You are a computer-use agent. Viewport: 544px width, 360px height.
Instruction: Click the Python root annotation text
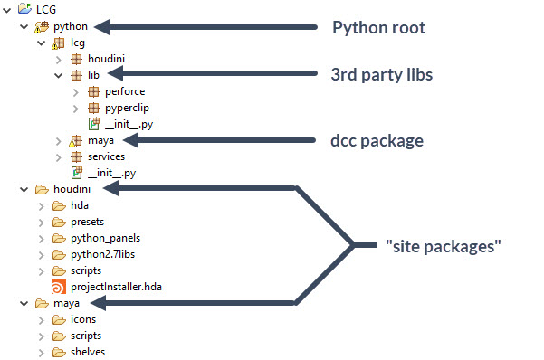click(378, 27)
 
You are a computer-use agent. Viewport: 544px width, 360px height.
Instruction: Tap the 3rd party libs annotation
click(381, 74)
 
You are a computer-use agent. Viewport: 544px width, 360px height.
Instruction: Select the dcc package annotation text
click(376, 140)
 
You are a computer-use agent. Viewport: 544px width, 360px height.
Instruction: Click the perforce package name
click(124, 91)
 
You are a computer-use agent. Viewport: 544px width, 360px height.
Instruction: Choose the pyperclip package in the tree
click(128, 108)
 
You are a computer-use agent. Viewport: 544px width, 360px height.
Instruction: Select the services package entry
click(106, 156)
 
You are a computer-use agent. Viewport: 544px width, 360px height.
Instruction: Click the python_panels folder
click(105, 238)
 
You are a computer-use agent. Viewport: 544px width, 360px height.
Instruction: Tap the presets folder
click(88, 222)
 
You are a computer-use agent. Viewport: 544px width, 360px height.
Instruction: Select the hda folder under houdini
click(80, 205)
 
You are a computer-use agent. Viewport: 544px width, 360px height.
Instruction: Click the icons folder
click(83, 319)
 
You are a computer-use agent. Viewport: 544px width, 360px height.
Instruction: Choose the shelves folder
click(88, 352)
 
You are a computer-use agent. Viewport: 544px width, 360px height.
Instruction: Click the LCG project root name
click(33, 10)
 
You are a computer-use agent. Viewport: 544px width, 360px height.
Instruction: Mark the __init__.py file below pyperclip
click(123, 124)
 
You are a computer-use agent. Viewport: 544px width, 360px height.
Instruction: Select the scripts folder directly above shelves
click(86, 336)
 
